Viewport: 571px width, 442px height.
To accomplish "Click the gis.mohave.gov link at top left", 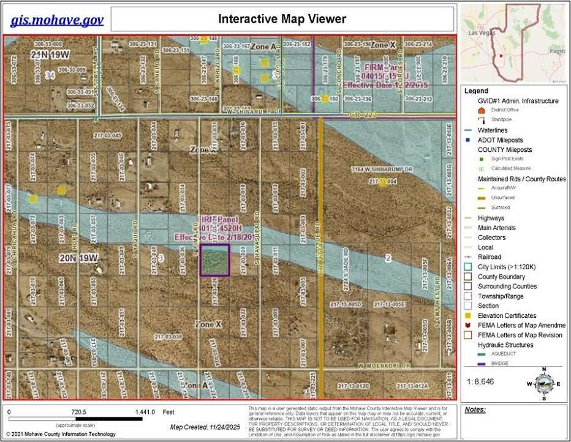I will [x=57, y=20].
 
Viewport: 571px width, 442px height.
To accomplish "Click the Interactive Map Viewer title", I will [x=282, y=19].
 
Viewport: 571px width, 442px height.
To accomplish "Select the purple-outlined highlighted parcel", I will [x=215, y=260].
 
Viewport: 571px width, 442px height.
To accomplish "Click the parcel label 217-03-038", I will [x=168, y=337].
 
